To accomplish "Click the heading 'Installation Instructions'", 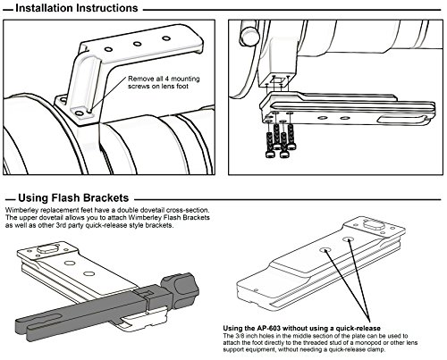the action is coord(77,8).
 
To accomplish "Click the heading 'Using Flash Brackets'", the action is coord(73,198).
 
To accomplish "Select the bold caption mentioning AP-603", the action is coord(301,328).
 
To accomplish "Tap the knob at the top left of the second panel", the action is coord(249,32).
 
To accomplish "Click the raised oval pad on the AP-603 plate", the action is coord(373,224).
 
